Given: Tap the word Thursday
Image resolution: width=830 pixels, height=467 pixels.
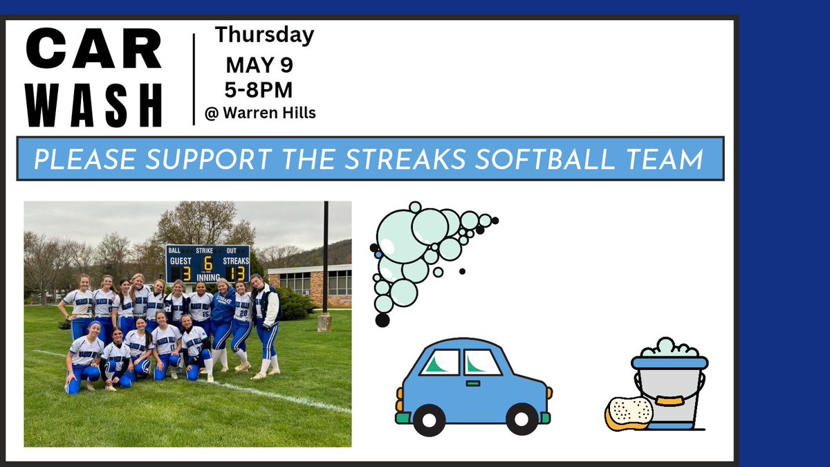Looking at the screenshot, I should (x=264, y=35).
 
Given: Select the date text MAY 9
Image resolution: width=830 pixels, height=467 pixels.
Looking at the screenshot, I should (x=260, y=66).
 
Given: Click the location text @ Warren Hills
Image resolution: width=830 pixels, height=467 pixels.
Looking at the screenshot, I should (x=260, y=113).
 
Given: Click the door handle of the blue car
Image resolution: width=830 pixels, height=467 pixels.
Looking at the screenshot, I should (x=474, y=383).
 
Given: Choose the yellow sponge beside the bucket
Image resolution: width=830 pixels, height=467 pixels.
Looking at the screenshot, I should (x=629, y=413).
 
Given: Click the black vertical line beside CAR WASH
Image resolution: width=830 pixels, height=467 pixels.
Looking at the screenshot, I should (x=194, y=78).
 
